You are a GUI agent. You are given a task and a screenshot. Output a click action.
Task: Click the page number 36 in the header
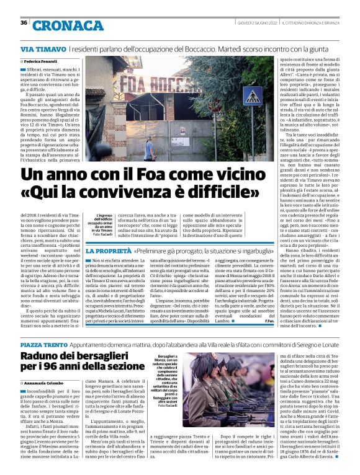tap(24, 23)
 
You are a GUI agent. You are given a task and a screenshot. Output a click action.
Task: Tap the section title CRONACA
tap(69, 25)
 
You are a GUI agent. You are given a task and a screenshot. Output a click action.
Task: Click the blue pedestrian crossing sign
tap(253, 96)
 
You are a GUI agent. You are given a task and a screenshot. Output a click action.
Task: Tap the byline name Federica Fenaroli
tap(43, 63)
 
